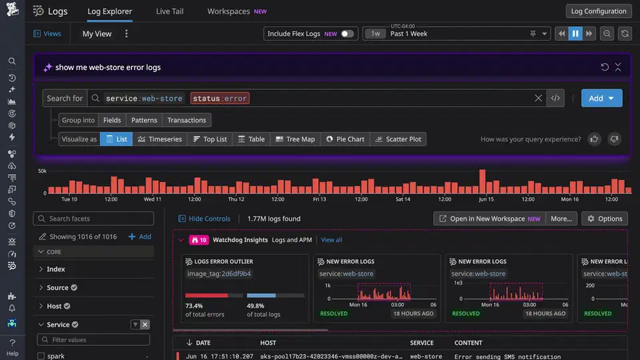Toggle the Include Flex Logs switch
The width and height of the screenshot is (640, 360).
(x=347, y=34)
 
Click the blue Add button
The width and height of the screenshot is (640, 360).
(x=601, y=98)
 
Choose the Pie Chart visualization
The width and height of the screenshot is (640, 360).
(x=345, y=139)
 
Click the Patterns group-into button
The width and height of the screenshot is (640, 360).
(x=144, y=120)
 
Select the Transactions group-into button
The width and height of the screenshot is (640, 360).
(x=187, y=120)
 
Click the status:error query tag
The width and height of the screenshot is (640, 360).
(x=220, y=98)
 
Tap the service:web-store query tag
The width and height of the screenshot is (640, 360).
(x=144, y=98)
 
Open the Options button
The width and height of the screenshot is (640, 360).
(x=604, y=219)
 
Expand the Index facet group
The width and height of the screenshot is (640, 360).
(x=56, y=269)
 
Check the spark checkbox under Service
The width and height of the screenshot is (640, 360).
(x=41, y=356)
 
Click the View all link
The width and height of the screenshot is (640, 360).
(x=331, y=240)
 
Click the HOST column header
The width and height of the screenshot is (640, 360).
(x=268, y=343)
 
